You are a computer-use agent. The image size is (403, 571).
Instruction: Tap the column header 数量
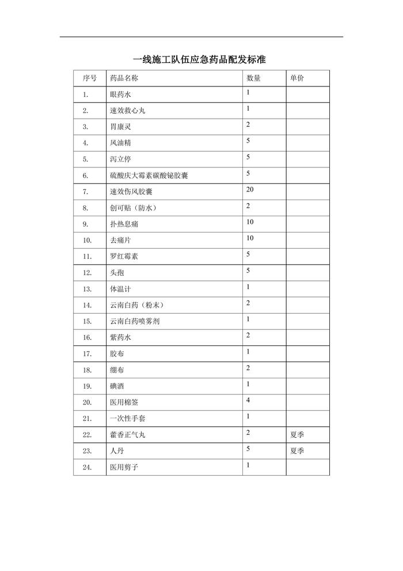pos(253,78)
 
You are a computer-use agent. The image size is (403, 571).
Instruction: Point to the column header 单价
pos(297,78)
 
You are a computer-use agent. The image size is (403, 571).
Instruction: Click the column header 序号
pos(90,78)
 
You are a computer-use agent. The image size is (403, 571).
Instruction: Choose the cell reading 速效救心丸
pos(127,110)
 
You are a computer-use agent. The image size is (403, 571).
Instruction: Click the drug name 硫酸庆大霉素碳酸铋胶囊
pos(149,175)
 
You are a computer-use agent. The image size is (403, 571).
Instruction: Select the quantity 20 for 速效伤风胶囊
pos(250,189)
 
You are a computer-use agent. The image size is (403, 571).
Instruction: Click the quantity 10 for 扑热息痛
pos(250,221)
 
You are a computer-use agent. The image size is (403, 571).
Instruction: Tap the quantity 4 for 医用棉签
pos(248,400)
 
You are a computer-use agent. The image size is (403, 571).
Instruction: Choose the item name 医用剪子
pos(124,467)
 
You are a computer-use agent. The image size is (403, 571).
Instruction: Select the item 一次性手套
pos(127,418)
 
